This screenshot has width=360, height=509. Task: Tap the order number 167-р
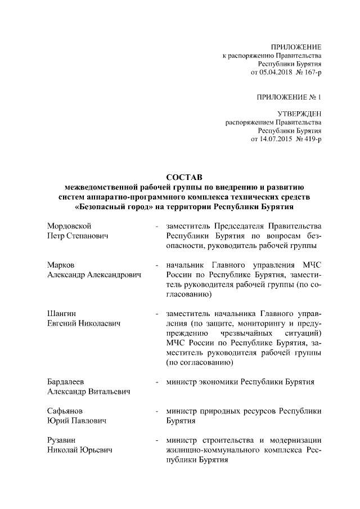(312, 73)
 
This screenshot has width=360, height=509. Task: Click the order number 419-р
(312, 139)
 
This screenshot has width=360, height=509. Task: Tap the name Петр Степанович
(77, 236)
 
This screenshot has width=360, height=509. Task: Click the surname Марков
(61, 264)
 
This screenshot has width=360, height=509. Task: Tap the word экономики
(219, 382)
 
